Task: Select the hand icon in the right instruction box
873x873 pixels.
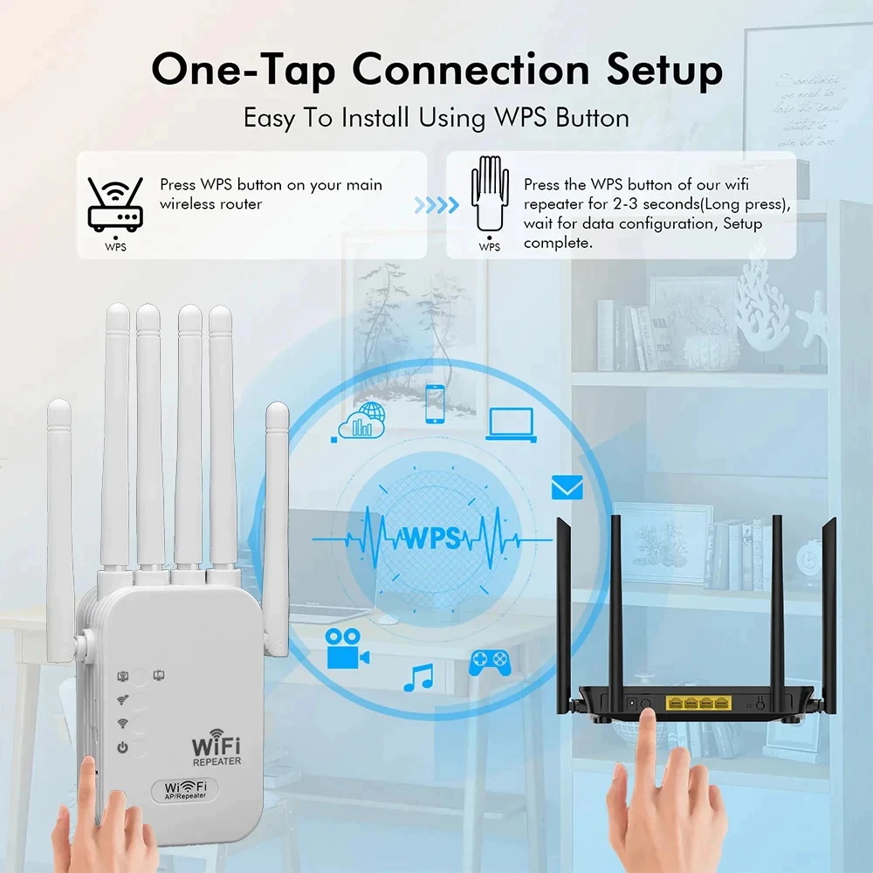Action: [490, 195]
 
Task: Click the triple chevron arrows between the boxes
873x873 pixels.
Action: [436, 205]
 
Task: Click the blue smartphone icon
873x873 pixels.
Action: [434, 404]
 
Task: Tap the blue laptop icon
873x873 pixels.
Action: [512, 423]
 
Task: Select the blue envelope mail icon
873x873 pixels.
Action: [567, 488]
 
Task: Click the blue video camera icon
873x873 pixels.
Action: [347, 649]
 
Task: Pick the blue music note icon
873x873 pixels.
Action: [419, 677]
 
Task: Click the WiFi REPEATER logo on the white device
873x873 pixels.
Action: [216, 750]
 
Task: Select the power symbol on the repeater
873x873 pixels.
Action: [123, 747]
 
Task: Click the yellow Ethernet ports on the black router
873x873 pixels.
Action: [697, 702]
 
